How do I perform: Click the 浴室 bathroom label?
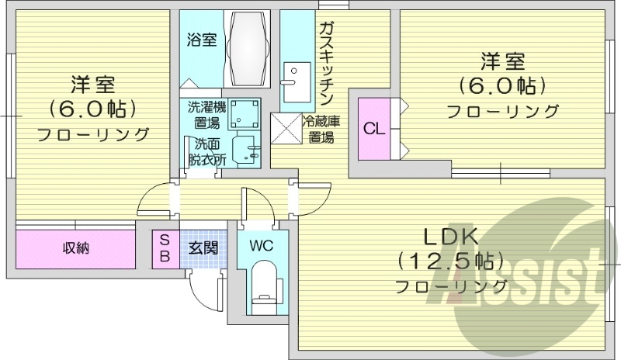pos(202,40)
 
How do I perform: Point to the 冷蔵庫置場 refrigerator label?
pos(321,130)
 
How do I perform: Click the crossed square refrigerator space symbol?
pos(285,128)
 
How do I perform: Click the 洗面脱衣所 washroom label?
pos(206,152)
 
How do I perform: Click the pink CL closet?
pos(373,129)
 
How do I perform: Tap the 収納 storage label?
pos(75,248)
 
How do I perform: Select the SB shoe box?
pos(165,248)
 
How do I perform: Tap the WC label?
pos(261,246)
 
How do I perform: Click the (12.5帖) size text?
pos(451,261)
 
